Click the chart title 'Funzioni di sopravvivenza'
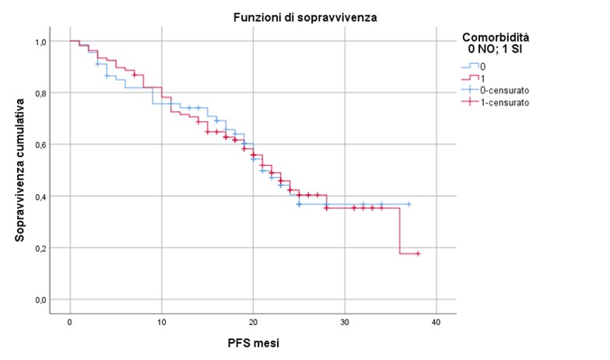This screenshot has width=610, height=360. (303, 17)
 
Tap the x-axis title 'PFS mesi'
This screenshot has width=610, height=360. (254, 343)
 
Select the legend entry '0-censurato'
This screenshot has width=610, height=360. (506, 89)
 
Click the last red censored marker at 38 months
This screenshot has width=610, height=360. (418, 253)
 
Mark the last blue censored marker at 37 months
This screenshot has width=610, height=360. (408, 204)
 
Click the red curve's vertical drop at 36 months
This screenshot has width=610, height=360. (400, 231)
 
